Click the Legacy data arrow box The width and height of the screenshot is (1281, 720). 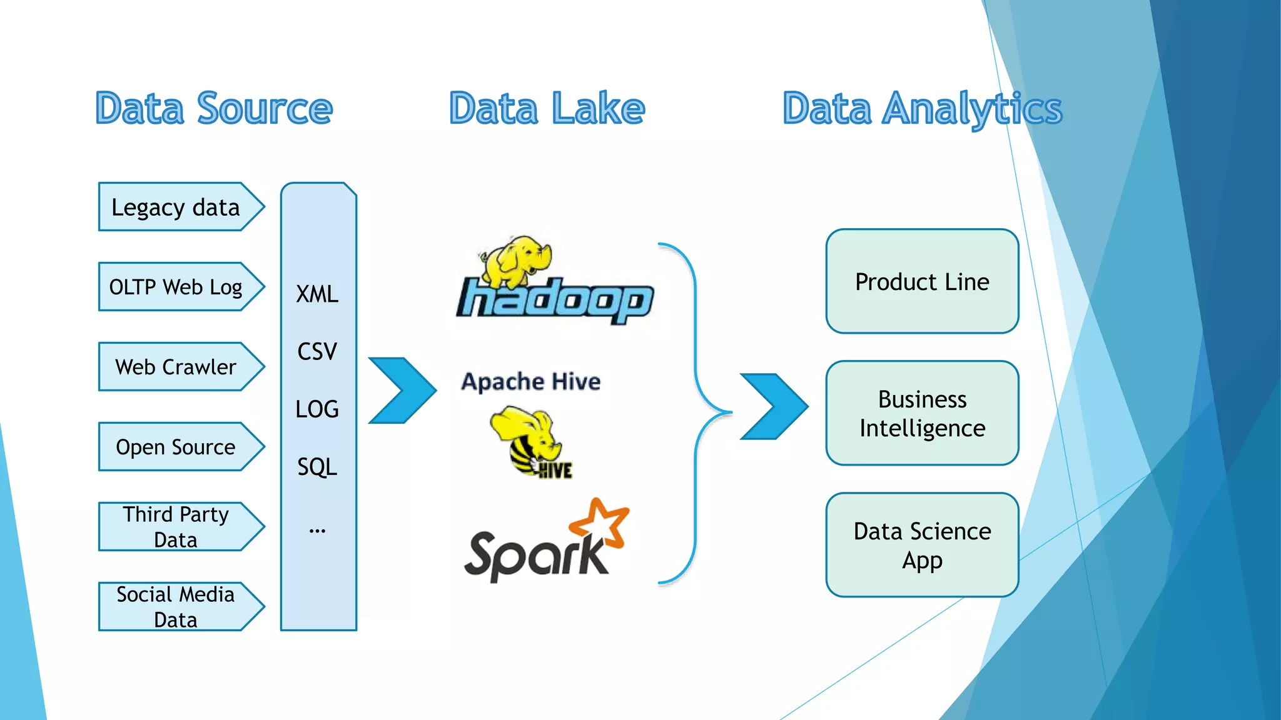pos(176,207)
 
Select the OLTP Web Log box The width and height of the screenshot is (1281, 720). pos(176,287)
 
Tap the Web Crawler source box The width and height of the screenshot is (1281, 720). pos(176,367)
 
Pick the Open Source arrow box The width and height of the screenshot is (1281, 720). pos(176,447)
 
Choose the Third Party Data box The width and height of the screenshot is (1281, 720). pos(176,526)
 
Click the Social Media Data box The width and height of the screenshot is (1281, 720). pos(176,606)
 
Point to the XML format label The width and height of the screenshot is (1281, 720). pos(317,294)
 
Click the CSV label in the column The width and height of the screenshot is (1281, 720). pos(317,352)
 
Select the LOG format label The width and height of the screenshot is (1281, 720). pos(317,409)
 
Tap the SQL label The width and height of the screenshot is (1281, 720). pos(317,467)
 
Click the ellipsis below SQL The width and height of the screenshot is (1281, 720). pos(317,531)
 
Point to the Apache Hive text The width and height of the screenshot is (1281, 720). pos(530,381)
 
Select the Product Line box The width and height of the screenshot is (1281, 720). pos(922,281)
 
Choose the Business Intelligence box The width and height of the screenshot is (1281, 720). pos(922,413)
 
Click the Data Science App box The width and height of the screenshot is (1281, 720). pos(922,545)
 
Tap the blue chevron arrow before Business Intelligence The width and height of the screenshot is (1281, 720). pos(773,406)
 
